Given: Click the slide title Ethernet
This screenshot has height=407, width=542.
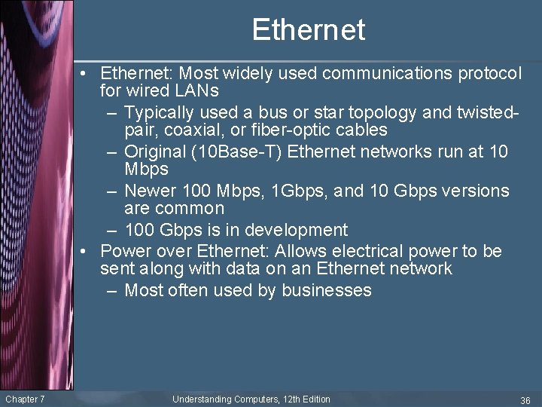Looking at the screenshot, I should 308,30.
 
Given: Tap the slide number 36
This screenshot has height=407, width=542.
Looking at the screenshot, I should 525,399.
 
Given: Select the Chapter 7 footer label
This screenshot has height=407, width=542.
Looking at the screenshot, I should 25,399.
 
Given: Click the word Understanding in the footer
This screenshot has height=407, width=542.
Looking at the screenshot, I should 201,399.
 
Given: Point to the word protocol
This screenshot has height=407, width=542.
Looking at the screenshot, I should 488,73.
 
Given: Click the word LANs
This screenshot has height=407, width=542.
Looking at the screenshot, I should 197,91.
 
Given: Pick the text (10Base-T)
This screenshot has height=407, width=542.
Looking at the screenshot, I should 238,151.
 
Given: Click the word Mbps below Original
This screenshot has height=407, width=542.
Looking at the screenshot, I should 146,169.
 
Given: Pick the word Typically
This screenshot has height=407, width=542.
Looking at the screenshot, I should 161,113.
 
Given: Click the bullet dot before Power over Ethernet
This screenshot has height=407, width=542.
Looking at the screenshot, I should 89,251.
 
